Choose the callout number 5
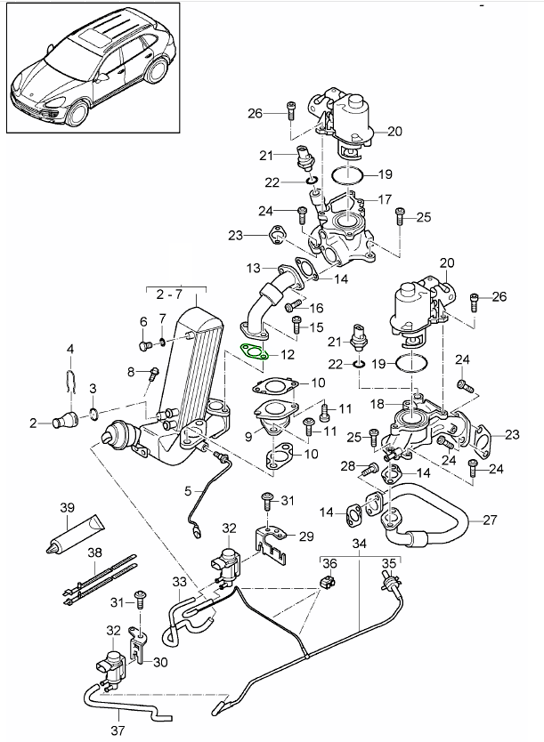pyautogui.click(x=188, y=490)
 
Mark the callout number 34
pyautogui.click(x=359, y=544)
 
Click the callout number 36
pyautogui.click(x=328, y=562)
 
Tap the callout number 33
pyautogui.click(x=179, y=584)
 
